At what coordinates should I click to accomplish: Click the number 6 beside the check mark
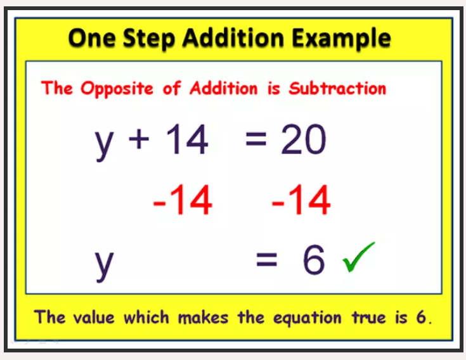click(x=313, y=260)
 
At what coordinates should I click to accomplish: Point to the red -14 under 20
click(x=301, y=201)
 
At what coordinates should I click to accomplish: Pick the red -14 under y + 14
click(x=183, y=201)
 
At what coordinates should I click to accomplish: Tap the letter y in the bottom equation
click(x=105, y=263)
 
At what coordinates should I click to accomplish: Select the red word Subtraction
click(x=337, y=88)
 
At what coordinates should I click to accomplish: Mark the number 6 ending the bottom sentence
click(x=422, y=317)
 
